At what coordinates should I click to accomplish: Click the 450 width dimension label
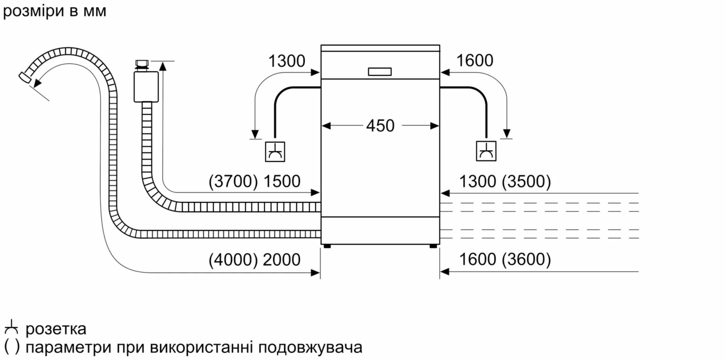[380, 126]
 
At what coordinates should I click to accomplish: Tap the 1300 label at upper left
[287, 61]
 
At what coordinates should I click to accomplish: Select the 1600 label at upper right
[475, 60]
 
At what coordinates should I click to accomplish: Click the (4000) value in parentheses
[233, 259]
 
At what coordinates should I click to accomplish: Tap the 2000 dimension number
[281, 259]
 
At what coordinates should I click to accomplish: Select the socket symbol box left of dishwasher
[275, 152]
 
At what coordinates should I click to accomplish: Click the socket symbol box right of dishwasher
[486, 151]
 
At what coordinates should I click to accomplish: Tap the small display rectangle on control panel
[380, 72]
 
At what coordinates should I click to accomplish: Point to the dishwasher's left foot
[327, 246]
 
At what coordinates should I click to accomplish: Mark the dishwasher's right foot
[433, 246]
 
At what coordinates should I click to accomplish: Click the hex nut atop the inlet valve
[142, 63]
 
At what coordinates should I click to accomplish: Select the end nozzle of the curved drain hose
[25, 78]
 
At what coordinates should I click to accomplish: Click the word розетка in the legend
[56, 329]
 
